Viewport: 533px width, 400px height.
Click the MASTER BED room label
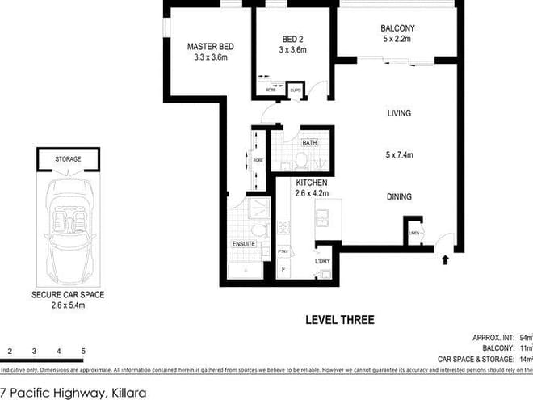[x=209, y=46]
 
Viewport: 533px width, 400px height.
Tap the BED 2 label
[x=293, y=39]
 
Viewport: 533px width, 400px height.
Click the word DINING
[x=399, y=196]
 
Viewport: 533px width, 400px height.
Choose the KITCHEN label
[x=311, y=183]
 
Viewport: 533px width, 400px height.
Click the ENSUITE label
[x=245, y=242]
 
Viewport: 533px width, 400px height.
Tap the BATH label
[x=309, y=143]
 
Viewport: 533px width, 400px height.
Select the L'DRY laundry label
[x=323, y=261]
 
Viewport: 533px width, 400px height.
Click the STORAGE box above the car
[x=68, y=159]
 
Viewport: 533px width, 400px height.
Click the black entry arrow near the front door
[x=444, y=260]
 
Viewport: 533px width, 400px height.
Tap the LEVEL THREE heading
[x=339, y=320]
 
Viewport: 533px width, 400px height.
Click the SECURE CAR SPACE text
[x=68, y=296]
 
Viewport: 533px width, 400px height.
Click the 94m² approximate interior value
[x=525, y=337]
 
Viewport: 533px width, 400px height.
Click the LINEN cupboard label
[x=413, y=234]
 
